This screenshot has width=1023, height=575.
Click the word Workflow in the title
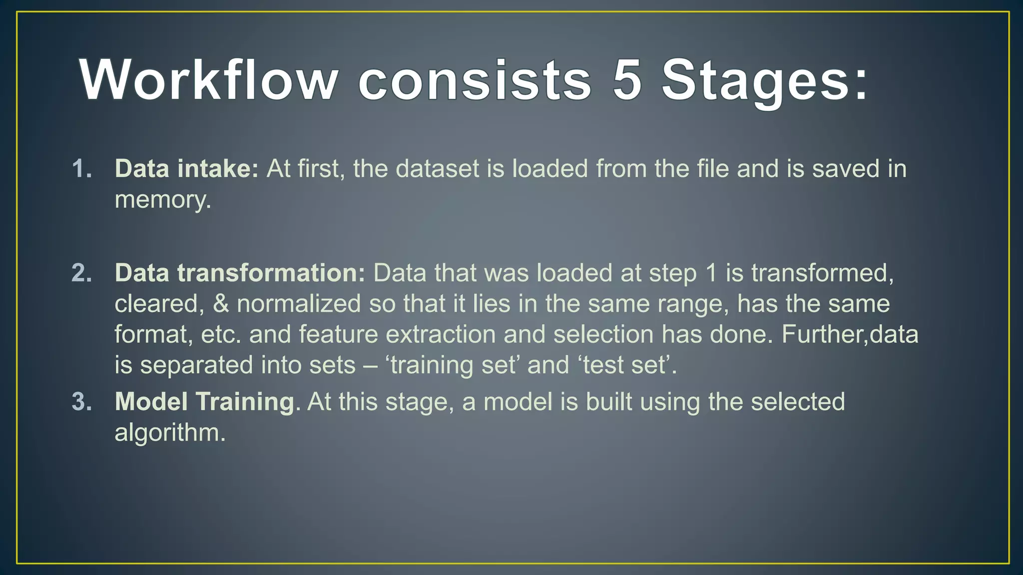tap(209, 80)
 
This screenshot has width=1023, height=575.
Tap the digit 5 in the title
tap(626, 80)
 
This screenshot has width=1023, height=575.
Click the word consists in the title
tap(475, 80)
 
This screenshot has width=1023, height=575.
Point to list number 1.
tap(82, 169)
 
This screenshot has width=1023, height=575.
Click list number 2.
tap(82, 273)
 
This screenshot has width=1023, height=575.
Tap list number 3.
tap(82, 402)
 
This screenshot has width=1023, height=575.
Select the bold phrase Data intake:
tap(186, 169)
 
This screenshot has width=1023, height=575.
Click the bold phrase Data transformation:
tap(240, 273)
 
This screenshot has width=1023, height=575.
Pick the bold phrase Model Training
tap(204, 402)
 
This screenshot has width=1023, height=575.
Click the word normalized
tap(298, 304)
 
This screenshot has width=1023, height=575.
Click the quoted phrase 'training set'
tap(453, 365)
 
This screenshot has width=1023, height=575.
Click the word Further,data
tap(849, 334)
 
